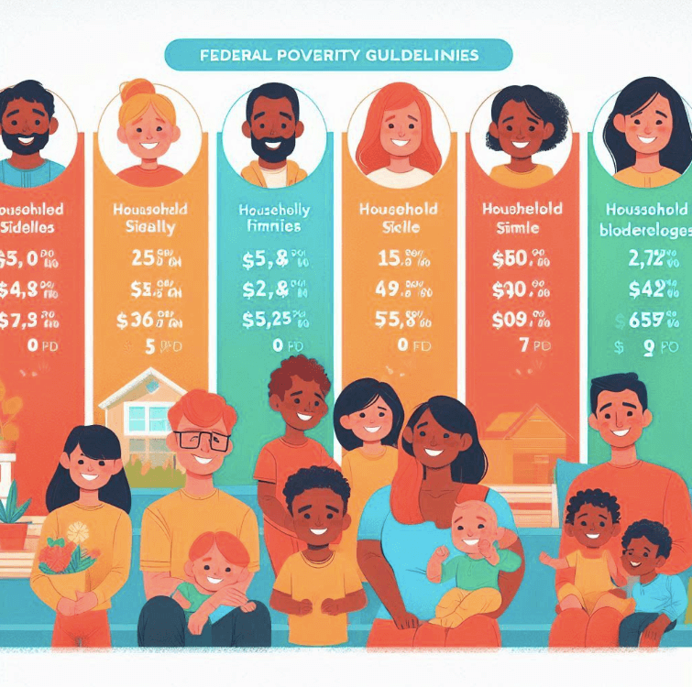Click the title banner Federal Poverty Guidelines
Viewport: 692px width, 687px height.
[x=338, y=55]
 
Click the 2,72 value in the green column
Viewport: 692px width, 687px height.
[x=643, y=259]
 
